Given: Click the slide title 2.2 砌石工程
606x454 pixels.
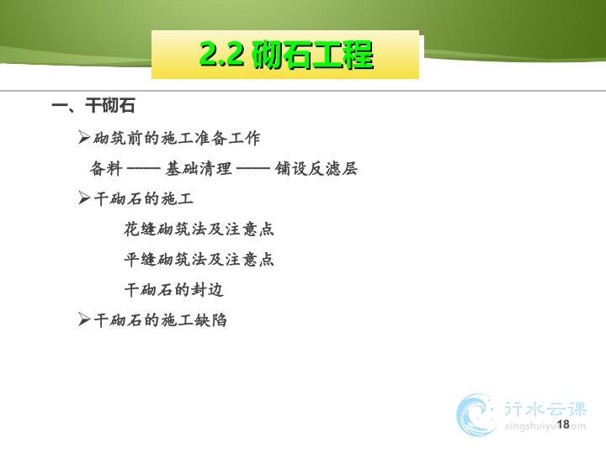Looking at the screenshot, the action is [286, 55].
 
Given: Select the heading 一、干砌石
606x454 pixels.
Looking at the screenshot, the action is [93, 105].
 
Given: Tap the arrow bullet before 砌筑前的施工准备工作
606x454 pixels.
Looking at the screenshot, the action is [84, 137].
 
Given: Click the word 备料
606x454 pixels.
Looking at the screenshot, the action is [106, 169].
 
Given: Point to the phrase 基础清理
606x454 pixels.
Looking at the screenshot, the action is [199, 169].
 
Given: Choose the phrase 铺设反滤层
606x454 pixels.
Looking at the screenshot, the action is [316, 169].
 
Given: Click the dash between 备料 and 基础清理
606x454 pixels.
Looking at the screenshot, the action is [143, 169].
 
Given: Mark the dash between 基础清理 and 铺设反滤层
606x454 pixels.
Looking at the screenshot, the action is [253, 169].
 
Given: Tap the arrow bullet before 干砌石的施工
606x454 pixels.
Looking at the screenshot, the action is [84, 198].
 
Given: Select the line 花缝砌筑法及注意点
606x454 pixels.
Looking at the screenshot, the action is [199, 229].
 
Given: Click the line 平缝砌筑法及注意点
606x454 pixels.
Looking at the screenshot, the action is [199, 259].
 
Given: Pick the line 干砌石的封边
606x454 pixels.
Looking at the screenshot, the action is [174, 289].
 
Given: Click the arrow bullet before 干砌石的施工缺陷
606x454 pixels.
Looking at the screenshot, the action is [84, 319].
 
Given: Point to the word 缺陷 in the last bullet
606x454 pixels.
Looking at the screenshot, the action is [210, 320].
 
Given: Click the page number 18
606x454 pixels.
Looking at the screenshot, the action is [563, 425].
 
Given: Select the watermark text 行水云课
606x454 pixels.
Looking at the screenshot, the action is [545, 409].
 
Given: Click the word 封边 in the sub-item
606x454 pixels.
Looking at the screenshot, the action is [207, 289].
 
